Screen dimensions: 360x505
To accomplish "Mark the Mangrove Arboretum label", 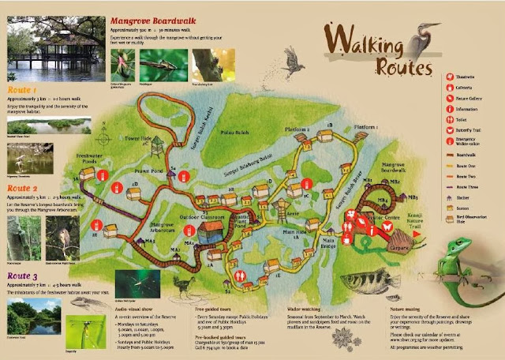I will point(166,227).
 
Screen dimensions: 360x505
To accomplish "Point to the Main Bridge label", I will point(327,242).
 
